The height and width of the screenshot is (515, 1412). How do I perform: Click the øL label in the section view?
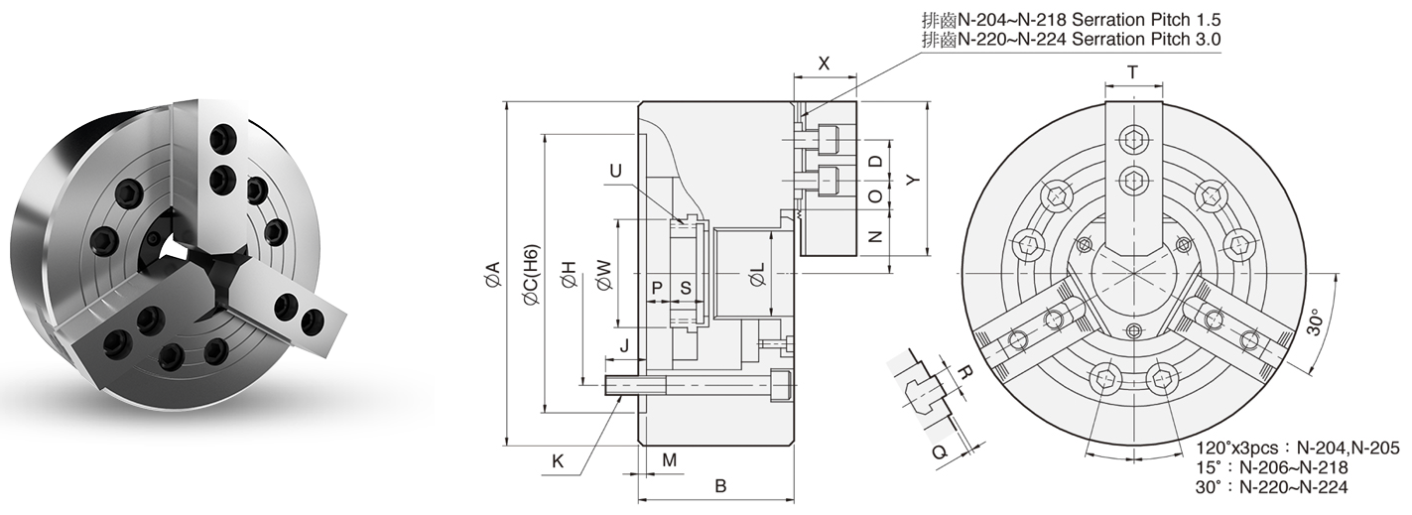756,276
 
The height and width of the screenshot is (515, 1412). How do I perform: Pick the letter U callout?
616,171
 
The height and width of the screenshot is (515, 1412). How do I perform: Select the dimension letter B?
721,486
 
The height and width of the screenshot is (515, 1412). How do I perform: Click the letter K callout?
558,460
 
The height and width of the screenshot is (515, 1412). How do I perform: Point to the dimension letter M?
669,460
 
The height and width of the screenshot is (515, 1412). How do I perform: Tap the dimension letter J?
623,346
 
